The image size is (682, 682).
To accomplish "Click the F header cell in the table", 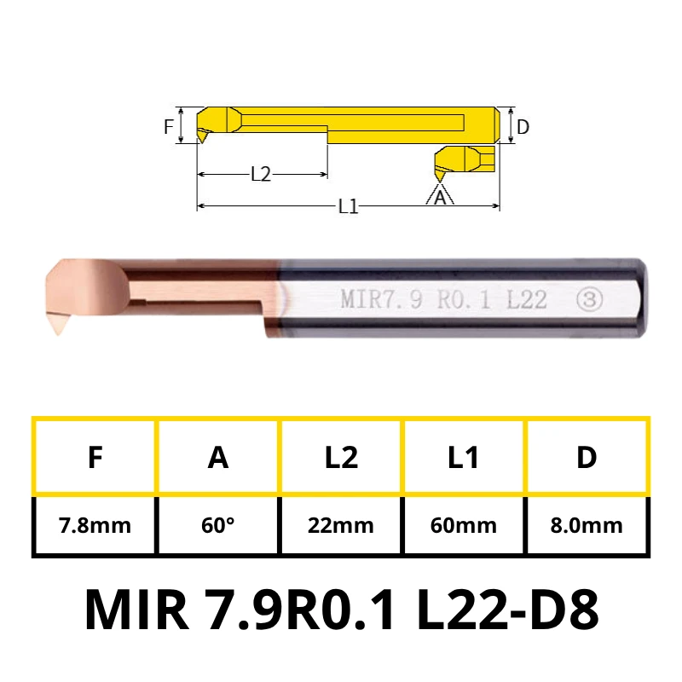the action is point(95,457).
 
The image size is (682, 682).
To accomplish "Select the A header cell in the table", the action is point(218,457).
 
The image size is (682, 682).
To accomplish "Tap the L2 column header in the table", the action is point(341,457).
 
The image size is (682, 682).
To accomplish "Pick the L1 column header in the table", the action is point(464,457).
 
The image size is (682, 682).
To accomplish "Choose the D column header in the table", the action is point(587,457).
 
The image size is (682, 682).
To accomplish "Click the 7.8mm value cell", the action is point(95,525).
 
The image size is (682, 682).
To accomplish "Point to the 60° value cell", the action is point(218,525).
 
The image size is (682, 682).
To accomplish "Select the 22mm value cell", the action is point(341,525).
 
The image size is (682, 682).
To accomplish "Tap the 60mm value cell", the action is point(464,525).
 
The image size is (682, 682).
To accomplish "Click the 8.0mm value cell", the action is point(587,525).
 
